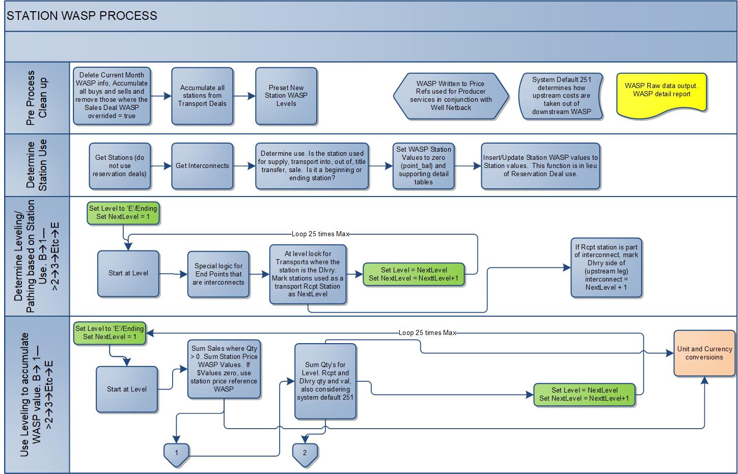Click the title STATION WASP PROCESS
tap(82, 16)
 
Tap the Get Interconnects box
tap(202, 166)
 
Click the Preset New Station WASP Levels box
tap(286, 96)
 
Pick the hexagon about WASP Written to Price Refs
tap(451, 96)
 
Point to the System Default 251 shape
tap(561, 96)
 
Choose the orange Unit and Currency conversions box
tap(704, 353)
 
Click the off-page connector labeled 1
tap(177, 453)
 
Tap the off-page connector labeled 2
tap(305, 453)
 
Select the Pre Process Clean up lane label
tap(37, 98)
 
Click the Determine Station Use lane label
tap(37, 165)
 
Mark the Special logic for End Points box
tap(218, 274)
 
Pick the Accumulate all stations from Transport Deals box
tap(202, 96)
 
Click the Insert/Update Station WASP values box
tap(540, 166)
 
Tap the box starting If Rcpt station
tap(606, 267)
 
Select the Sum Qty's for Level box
tap(325, 381)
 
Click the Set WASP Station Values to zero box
tap(423, 166)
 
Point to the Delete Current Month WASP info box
tap(112, 96)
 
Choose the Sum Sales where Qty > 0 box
tap(224, 369)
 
